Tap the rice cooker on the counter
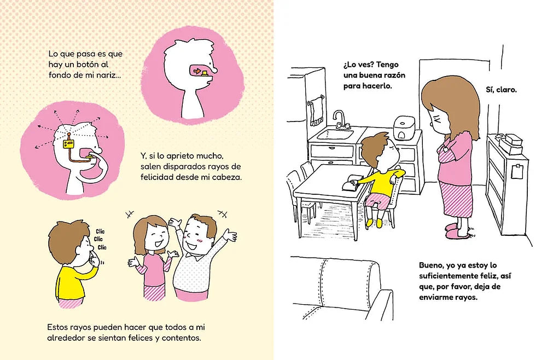click(405, 127)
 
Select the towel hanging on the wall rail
click(317, 111)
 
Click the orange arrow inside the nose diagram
click(197, 71)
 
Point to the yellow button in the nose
click(205, 72)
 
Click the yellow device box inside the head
click(68, 144)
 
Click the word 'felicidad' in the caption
click(156, 177)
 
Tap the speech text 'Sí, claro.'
click(501, 90)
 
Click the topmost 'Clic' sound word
click(100, 231)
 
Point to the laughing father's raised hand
click(230, 235)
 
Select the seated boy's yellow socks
click(374, 223)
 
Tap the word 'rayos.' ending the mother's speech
click(466, 297)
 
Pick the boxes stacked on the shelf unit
click(510, 143)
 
